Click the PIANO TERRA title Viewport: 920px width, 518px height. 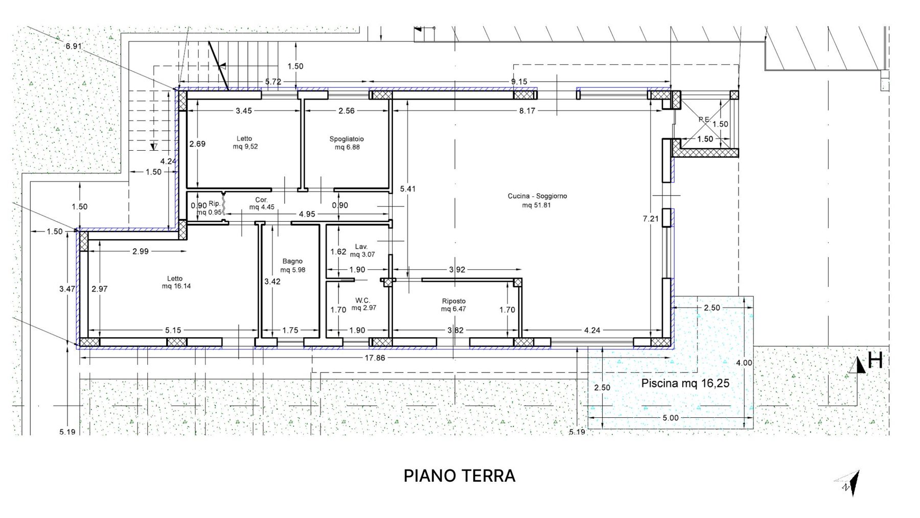tap(459, 476)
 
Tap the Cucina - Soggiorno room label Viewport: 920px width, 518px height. tap(537, 196)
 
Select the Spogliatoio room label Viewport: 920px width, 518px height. tap(347, 139)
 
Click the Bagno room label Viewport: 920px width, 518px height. tap(292, 262)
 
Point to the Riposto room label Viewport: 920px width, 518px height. tap(453, 301)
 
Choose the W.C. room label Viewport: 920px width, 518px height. tap(363, 300)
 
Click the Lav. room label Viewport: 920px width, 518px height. tap(361, 246)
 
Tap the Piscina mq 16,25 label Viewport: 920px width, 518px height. tap(685, 383)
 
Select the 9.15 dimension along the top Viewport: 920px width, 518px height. tap(519, 82)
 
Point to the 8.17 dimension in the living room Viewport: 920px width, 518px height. tap(527, 110)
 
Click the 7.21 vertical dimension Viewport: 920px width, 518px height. tap(650, 219)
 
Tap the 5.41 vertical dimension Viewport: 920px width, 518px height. tap(408, 189)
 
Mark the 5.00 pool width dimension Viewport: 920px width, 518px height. tap(671, 418)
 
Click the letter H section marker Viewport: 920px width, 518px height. tap(876, 361)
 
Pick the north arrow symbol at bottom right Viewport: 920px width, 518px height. tap(849, 483)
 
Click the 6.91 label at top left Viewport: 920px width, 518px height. tap(74, 46)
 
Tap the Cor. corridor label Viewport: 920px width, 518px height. tap(261, 200)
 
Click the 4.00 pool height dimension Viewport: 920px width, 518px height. tap(744, 363)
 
